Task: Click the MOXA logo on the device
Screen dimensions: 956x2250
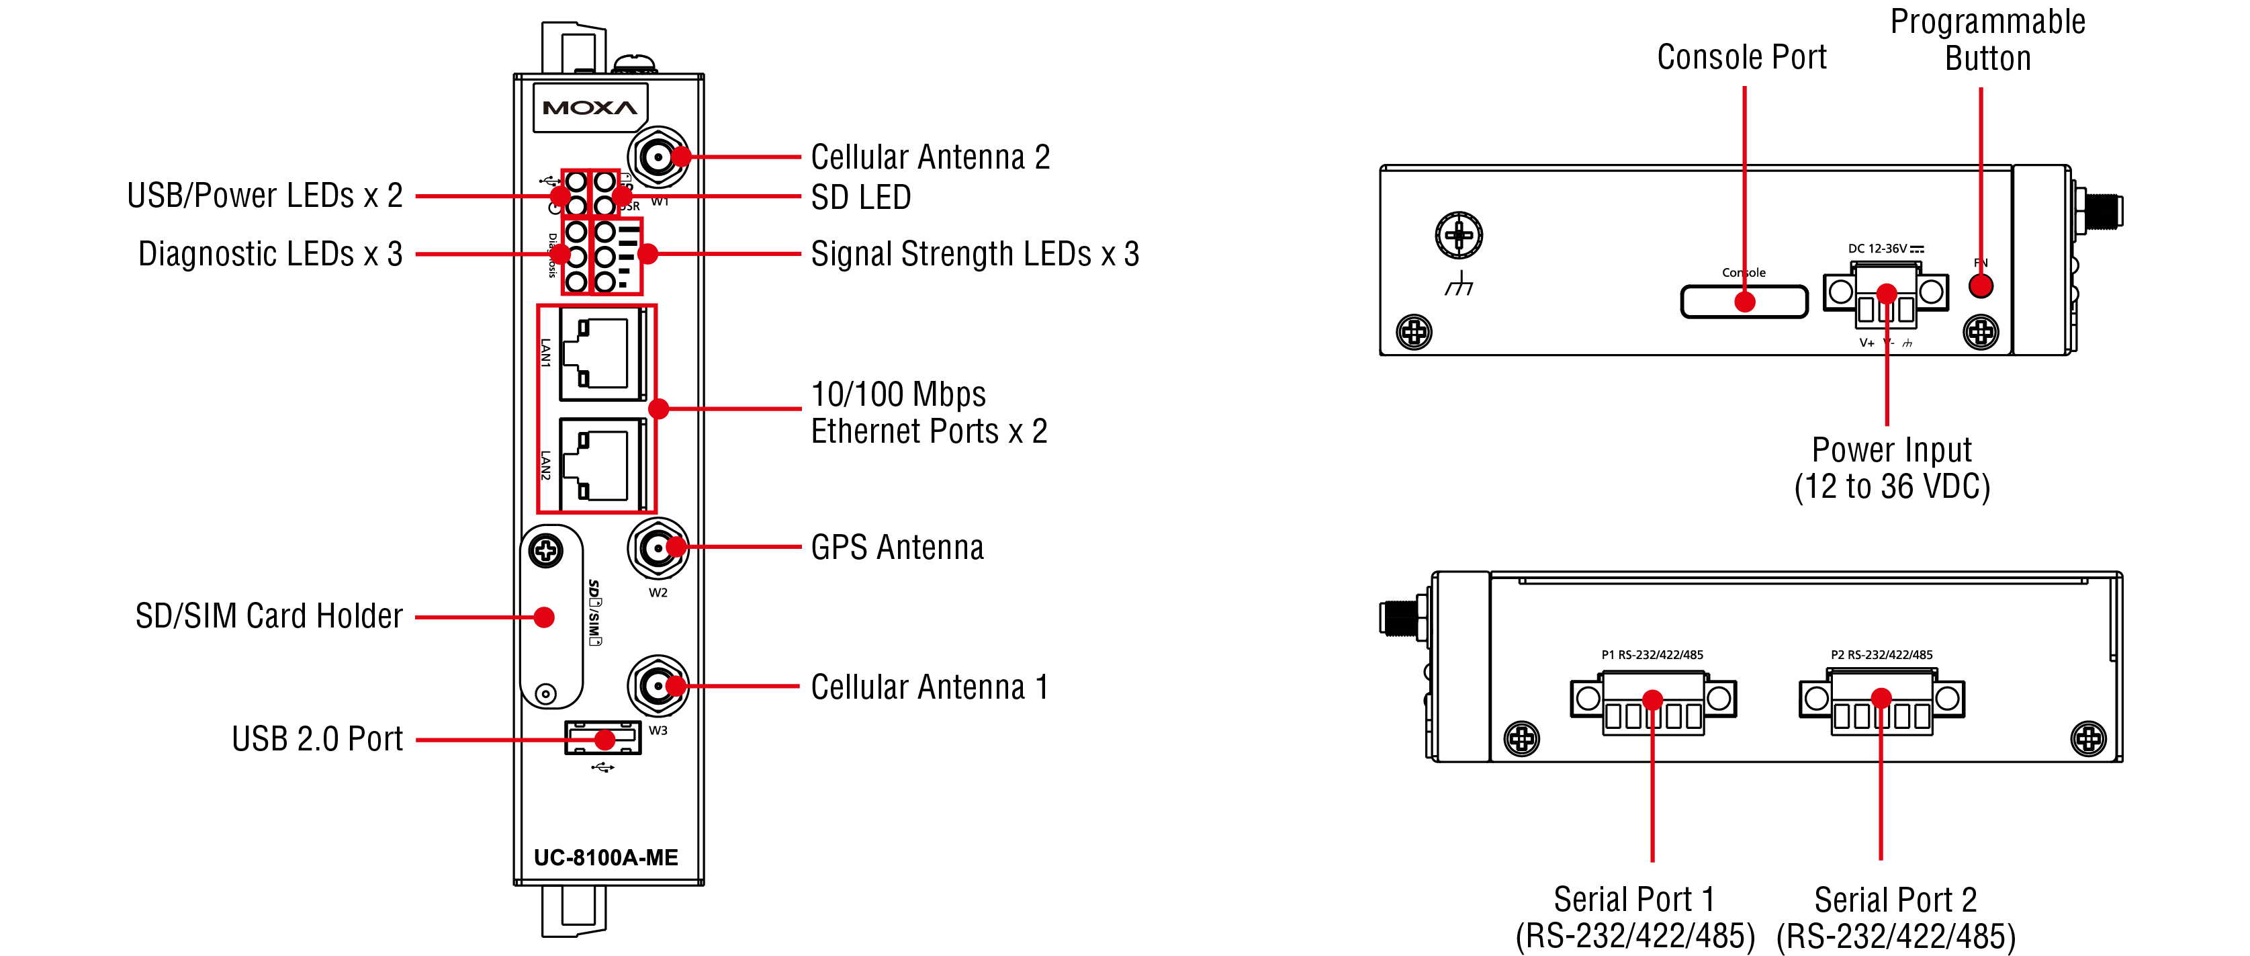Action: [590, 107]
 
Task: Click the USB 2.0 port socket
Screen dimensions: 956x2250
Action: [602, 738]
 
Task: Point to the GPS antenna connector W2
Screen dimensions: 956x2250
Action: [657, 548]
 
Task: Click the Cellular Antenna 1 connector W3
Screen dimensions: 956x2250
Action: [657, 686]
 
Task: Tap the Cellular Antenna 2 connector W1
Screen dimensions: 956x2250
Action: [657, 157]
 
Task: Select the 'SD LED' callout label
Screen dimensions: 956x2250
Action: [860, 198]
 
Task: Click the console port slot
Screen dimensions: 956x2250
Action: [1744, 302]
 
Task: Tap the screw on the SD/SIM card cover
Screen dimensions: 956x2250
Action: [546, 550]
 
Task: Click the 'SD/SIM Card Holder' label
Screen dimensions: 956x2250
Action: [269, 616]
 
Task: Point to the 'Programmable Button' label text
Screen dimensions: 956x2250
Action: [1987, 40]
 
